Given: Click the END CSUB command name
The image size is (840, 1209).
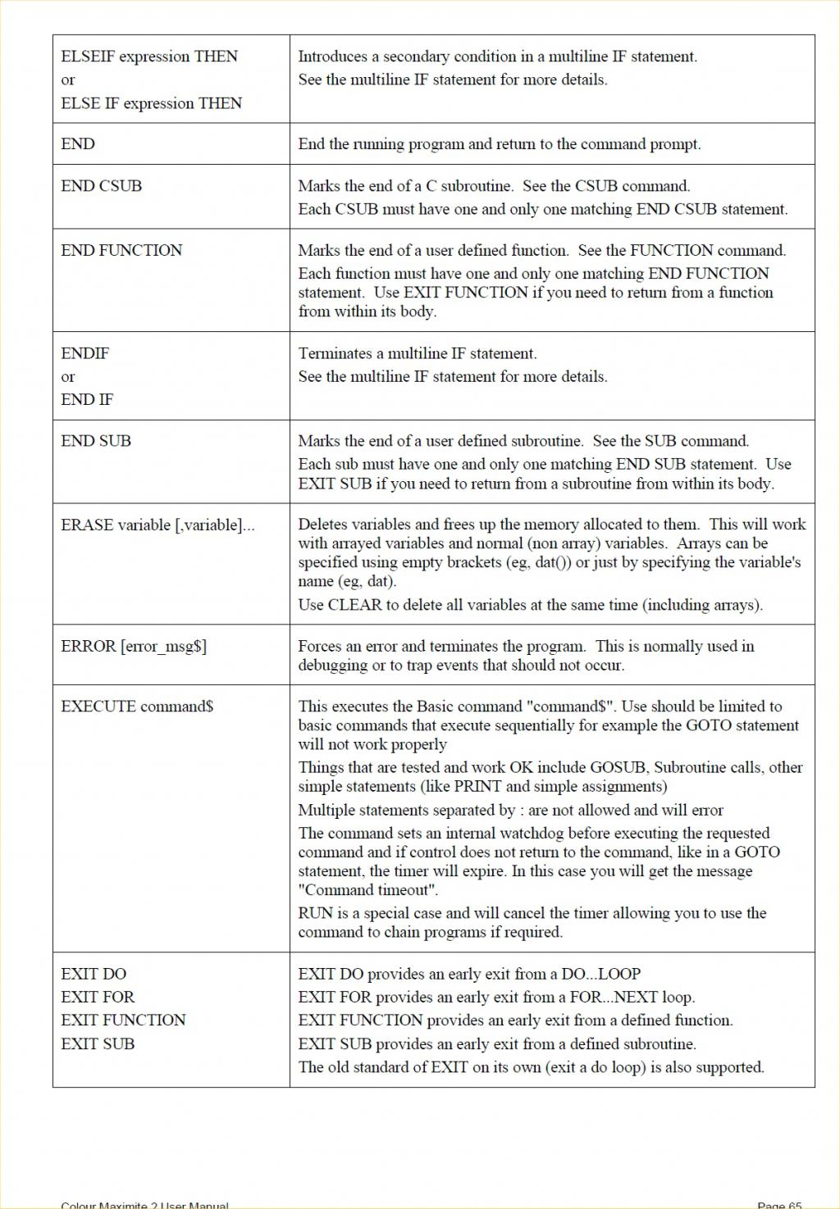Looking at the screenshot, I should pyautogui.click(x=101, y=186).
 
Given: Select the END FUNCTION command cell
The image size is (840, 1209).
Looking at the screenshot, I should pyautogui.click(x=121, y=250).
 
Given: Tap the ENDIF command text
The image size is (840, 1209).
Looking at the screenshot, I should pyautogui.click(x=84, y=353).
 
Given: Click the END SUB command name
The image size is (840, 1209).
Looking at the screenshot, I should pyautogui.click(x=96, y=441).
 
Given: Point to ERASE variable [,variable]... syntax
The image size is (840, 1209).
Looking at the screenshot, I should pyautogui.click(x=157, y=525).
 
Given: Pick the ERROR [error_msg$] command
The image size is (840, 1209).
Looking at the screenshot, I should pyautogui.click(x=134, y=646).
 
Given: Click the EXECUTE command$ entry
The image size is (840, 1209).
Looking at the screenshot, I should pyautogui.click(x=137, y=707).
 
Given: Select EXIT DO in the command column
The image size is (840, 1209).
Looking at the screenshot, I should pyautogui.click(x=94, y=974).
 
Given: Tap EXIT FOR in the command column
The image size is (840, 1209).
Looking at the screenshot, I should pyautogui.click(x=98, y=997).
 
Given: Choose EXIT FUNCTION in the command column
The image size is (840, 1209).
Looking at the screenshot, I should pyautogui.click(x=123, y=1020).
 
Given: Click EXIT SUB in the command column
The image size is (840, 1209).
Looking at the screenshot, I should pyautogui.click(x=98, y=1043).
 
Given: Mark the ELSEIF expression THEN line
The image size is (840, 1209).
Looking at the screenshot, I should pyautogui.click(x=149, y=57).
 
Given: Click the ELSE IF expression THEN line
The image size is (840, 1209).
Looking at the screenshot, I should pyautogui.click(x=151, y=103).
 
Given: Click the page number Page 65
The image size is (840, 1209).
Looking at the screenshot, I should pyautogui.click(x=779, y=1204).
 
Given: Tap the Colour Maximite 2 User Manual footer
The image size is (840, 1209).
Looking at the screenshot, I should pyautogui.click(x=144, y=1204).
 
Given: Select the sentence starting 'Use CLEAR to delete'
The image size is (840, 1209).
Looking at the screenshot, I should pyautogui.click(x=530, y=605).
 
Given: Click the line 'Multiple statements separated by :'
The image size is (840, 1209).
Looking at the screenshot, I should pyautogui.click(x=510, y=810).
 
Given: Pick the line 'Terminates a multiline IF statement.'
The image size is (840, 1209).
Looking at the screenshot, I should pyautogui.click(x=417, y=353).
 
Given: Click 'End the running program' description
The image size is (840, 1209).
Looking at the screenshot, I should pyautogui.click(x=499, y=144).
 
